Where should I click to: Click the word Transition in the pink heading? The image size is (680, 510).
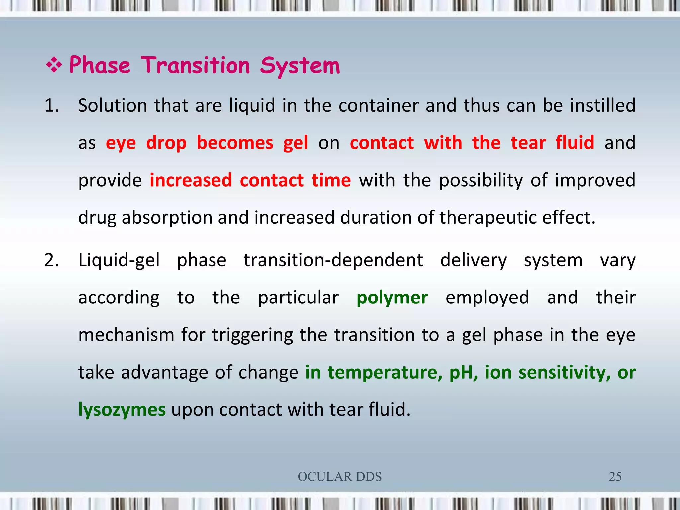click(196, 65)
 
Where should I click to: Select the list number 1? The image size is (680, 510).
click(52, 106)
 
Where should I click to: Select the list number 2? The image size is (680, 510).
click(52, 260)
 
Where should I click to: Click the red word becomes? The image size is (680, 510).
click(235, 143)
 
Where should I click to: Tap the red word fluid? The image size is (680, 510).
click(575, 143)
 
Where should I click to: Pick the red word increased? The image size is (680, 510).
click(191, 181)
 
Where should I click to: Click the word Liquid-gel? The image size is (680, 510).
click(119, 260)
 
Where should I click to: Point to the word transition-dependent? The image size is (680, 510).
click(333, 260)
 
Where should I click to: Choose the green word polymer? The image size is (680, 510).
click(392, 298)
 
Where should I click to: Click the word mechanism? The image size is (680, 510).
click(126, 335)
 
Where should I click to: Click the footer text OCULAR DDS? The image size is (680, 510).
click(340, 477)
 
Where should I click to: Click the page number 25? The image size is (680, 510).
click(615, 477)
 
